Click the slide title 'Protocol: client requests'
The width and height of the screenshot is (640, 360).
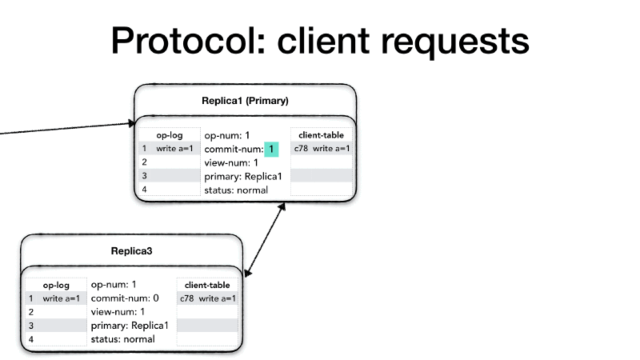320,40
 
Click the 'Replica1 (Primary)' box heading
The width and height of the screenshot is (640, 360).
245,101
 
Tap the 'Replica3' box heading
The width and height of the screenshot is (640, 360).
131,251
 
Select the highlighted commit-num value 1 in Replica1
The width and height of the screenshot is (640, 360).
272,149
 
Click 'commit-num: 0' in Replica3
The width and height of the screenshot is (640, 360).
125,298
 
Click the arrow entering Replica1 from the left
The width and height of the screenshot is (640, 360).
64,129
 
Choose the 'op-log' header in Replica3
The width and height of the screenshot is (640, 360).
56,285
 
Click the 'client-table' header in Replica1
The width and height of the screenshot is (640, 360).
321,135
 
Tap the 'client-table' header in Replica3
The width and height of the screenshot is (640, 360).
207,285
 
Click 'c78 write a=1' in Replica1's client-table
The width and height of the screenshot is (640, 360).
322,149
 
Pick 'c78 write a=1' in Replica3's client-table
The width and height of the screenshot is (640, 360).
208,298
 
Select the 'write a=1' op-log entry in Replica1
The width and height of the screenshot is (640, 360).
174,149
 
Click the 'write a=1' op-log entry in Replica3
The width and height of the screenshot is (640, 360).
62,298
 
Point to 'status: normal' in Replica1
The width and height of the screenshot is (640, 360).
236,190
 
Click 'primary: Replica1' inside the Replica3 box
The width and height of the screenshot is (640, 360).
130,326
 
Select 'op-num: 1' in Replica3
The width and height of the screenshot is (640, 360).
114,284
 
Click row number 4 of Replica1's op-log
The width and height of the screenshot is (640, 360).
145,190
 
